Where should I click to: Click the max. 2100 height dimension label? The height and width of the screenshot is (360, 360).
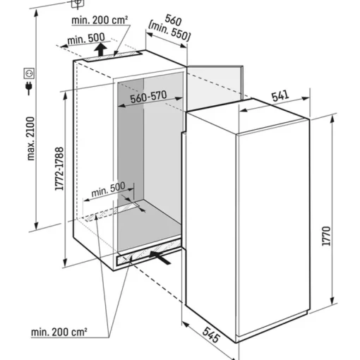(31, 138)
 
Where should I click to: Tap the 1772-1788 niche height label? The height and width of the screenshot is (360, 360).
(59, 169)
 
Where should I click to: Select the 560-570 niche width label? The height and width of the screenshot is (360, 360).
(148, 97)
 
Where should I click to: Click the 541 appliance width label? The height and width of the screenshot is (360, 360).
(280, 96)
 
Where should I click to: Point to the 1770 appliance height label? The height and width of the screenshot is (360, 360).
(326, 236)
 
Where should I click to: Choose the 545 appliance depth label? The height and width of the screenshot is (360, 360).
(211, 335)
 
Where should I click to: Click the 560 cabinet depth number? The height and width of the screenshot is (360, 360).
(173, 20)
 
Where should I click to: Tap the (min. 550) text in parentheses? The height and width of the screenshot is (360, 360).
(169, 31)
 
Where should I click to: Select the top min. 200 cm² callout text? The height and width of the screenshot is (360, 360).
(100, 20)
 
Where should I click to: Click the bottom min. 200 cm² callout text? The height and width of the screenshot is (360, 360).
(59, 332)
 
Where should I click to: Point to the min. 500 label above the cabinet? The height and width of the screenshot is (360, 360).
(86, 39)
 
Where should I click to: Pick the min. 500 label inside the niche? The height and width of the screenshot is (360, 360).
(108, 189)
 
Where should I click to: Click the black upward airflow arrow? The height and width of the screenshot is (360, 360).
(101, 49)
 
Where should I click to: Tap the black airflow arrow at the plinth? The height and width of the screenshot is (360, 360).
(160, 257)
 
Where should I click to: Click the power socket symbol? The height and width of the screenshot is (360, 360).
(29, 73)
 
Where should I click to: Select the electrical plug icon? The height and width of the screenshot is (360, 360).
(29, 88)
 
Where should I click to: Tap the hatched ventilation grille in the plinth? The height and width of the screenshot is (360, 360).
(149, 253)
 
